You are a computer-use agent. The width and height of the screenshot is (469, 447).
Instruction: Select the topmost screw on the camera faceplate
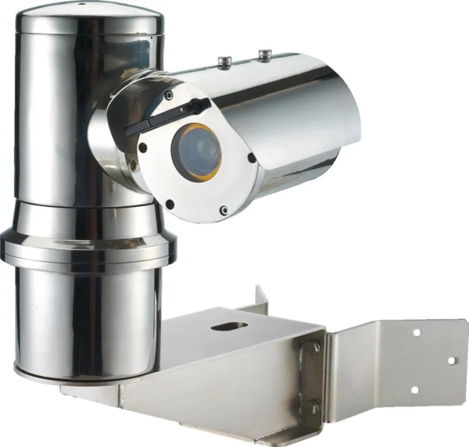pyautogui.click(x=168, y=95)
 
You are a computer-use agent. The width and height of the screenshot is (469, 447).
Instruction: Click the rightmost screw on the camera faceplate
pyautogui.click(x=251, y=157)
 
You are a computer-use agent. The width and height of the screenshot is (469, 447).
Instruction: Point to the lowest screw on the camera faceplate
pyautogui.click(x=224, y=209)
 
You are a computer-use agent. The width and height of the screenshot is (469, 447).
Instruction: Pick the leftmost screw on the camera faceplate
pyautogui.click(x=142, y=147)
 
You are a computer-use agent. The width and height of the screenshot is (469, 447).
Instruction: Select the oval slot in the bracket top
pyautogui.click(x=228, y=326)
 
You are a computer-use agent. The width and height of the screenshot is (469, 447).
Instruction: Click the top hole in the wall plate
pyautogui.click(x=416, y=331)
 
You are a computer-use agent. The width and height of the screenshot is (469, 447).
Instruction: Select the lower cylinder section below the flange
pyautogui.click(x=86, y=320)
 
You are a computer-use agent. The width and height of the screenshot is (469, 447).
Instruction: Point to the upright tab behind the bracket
pyautogui.click(x=259, y=301)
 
